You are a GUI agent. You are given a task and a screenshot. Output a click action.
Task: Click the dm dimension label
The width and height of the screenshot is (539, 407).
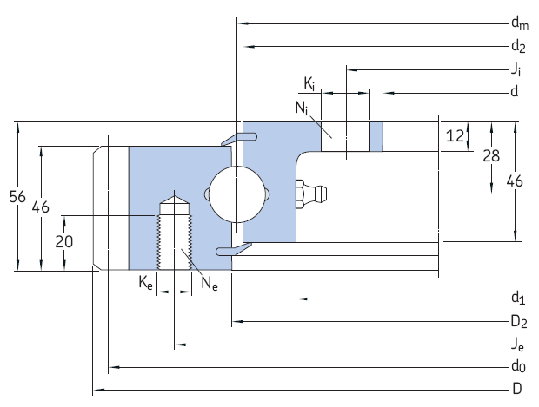[518, 23]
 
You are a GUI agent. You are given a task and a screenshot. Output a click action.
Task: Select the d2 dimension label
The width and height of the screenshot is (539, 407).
[518, 46]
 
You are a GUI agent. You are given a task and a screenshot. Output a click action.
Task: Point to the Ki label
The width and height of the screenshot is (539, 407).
[309, 83]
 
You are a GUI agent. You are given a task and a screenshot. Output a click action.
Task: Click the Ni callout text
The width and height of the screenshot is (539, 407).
[301, 108]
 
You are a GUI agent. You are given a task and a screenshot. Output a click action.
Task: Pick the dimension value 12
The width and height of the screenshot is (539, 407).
[454, 135]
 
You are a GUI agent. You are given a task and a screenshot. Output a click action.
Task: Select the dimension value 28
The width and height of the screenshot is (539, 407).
[491, 155]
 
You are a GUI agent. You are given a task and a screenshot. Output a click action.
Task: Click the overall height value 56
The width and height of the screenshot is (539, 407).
[17, 197]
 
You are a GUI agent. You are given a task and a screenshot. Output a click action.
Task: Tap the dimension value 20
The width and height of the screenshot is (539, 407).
[63, 242]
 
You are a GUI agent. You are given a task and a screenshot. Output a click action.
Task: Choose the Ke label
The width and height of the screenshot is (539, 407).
[146, 282]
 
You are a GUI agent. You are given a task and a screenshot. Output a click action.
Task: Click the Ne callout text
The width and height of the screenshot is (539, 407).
[209, 282]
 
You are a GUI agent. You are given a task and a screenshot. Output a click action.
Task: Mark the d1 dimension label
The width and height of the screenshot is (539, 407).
[518, 300]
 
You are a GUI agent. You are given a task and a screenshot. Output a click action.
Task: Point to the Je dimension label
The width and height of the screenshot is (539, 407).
[518, 345]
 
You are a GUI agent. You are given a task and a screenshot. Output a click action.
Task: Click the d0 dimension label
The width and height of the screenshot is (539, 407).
[518, 367]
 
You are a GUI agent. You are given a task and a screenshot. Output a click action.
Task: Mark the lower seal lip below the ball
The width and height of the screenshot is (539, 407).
[233, 250]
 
